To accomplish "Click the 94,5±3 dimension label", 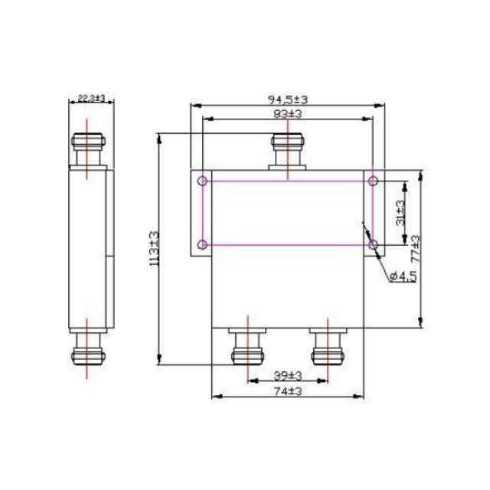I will [287, 99].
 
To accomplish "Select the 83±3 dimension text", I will [287, 113].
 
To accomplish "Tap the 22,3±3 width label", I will [91, 99].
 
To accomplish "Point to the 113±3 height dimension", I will [153, 250].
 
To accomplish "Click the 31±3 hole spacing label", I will [400, 212].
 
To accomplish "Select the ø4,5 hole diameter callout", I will [403, 276].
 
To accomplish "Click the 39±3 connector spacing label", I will [287, 376].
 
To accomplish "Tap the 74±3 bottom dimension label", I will [287, 390].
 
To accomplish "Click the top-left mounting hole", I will [202, 181].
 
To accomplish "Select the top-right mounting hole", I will [373, 181].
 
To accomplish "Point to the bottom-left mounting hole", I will [202, 245].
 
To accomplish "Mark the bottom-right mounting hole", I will [373, 245].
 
